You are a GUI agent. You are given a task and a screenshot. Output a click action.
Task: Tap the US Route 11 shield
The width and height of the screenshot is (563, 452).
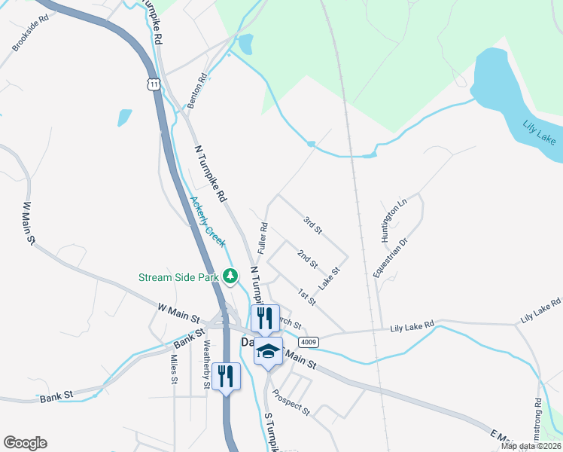pos(154,83)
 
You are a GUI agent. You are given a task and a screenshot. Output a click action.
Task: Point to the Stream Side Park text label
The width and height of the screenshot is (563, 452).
pos(178,277)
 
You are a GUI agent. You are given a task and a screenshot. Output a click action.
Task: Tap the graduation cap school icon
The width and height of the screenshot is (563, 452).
pos(269,351)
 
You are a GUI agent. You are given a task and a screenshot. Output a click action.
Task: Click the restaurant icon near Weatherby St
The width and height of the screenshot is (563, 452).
pos(227,375)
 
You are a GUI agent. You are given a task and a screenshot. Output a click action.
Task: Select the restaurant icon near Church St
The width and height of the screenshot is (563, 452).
pos(264,317)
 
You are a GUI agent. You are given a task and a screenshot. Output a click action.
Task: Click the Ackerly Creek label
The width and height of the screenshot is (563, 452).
pos(207,221)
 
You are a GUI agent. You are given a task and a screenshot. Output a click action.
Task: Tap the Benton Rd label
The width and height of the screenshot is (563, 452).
pos(197,90)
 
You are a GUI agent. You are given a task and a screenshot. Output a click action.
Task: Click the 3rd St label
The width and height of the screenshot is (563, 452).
pos(312,224)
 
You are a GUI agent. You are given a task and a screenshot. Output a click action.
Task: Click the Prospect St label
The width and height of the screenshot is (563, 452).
pos(292,402)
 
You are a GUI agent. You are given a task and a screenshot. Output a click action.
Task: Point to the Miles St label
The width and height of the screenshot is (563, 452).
pos(173,369)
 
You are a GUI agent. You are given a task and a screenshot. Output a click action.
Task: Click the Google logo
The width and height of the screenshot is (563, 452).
pos(25,443)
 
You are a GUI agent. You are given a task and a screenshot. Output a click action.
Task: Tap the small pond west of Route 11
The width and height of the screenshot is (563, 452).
pos(124,118)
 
